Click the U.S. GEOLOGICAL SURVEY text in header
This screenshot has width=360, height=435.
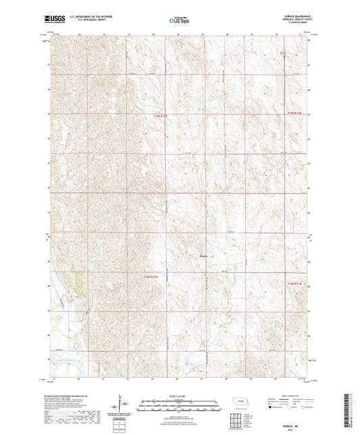85,22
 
